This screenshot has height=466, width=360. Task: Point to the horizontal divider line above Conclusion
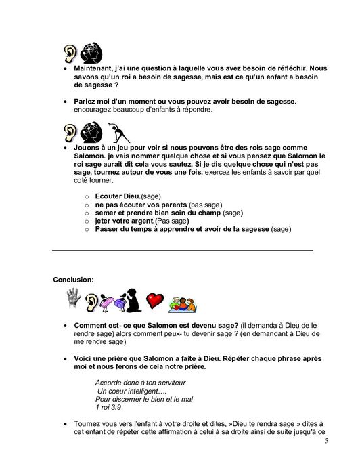point(183,251)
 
